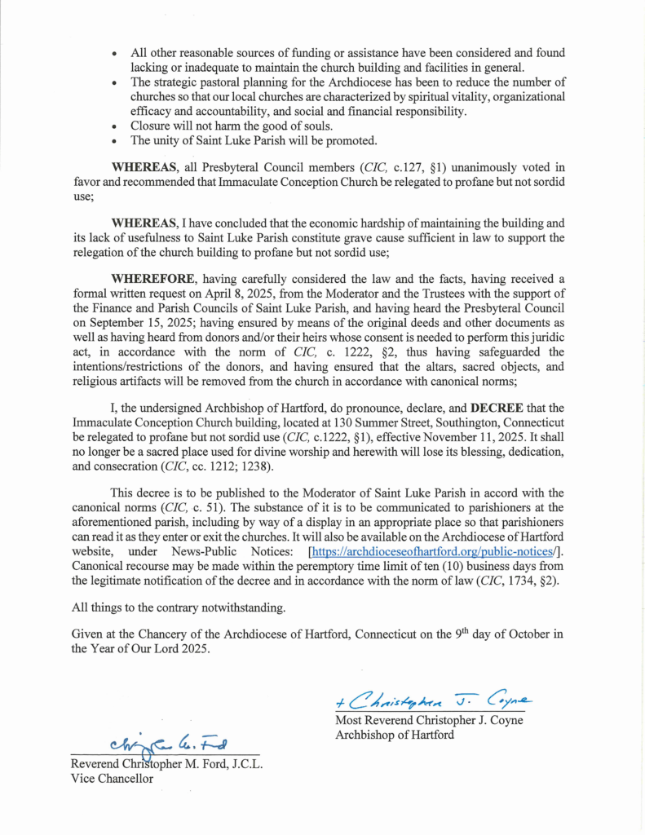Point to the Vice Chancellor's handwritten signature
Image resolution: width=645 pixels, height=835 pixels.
[x=168, y=743]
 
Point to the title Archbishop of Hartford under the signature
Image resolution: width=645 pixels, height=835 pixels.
[x=395, y=735]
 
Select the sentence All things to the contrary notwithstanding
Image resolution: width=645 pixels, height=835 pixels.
[x=177, y=607]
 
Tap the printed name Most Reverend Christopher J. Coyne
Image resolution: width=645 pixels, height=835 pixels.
[x=428, y=721]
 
